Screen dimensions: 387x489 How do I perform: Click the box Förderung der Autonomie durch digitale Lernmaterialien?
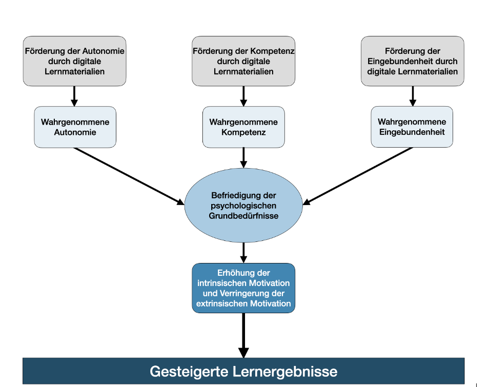click(74, 61)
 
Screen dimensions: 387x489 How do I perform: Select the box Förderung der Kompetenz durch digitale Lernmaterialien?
click(243, 61)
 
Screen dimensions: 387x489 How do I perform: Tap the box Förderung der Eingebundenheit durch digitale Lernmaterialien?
click(413, 61)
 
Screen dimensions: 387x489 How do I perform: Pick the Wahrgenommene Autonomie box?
click(75, 127)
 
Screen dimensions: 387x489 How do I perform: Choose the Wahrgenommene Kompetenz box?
click(243, 127)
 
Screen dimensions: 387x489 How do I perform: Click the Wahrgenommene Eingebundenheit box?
click(412, 127)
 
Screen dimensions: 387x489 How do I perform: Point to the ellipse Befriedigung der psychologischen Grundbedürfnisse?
click(243, 206)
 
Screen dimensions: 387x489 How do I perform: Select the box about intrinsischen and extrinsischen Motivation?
click(243, 288)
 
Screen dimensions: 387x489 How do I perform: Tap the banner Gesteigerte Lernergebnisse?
click(243, 371)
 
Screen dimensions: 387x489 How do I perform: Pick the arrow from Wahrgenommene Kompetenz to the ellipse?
click(243, 158)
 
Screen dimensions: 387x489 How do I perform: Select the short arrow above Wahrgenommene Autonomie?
click(74, 96)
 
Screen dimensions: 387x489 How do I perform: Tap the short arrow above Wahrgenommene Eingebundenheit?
click(413, 96)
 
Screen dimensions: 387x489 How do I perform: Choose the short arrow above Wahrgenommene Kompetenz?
click(243, 96)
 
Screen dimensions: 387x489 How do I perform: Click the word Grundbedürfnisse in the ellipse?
click(243, 216)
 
